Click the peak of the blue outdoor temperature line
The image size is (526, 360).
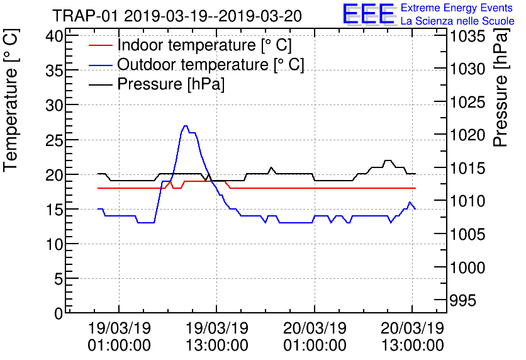click(185, 126)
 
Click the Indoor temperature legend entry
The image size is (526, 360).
click(204, 46)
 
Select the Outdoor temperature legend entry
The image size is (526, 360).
click(210, 65)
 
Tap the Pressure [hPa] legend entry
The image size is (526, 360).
click(171, 84)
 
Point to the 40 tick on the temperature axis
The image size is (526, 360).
click(55, 36)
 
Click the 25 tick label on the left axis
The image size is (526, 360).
click(55, 140)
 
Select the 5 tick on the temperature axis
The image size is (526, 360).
click(59, 278)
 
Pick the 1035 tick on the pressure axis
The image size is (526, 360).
click(467, 36)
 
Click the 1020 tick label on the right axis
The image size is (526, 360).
click(467, 135)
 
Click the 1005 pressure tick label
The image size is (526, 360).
click(467, 235)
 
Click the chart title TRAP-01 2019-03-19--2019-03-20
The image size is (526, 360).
click(177, 15)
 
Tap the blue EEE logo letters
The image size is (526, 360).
click(369, 14)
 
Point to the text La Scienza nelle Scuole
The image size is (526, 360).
click(457, 21)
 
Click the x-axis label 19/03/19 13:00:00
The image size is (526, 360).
click(216, 337)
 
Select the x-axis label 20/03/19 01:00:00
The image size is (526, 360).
click(315, 337)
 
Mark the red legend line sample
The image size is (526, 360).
click(101, 46)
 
